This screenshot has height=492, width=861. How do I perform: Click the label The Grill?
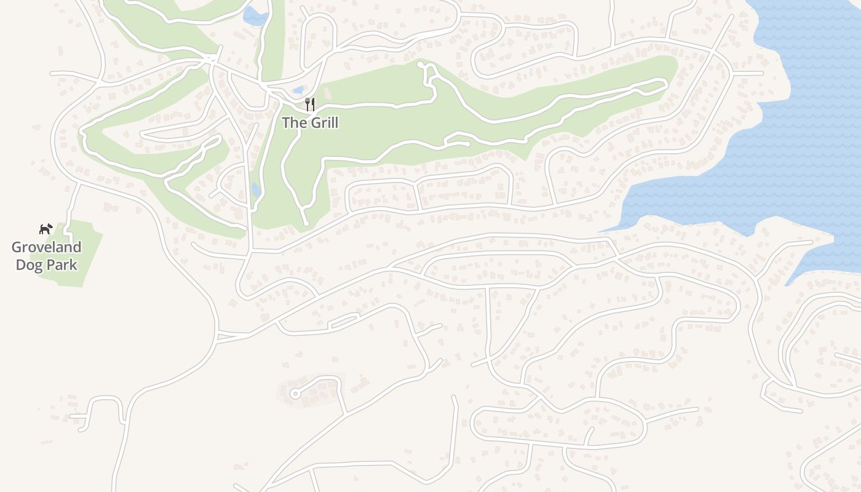[310, 122]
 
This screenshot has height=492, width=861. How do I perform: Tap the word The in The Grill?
[292, 122]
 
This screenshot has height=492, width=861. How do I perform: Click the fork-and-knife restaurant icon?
[310, 105]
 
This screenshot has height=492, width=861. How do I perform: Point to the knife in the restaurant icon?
[313, 105]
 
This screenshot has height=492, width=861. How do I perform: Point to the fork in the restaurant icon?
[307, 105]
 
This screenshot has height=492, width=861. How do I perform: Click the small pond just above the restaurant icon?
[299, 90]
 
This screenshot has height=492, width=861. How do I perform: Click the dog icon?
[46, 229]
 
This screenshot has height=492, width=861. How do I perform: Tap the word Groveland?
[46, 247]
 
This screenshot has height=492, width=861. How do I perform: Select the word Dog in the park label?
[28, 265]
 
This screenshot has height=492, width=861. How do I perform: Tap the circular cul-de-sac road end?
[295, 394]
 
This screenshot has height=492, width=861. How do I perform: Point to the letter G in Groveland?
[17, 247]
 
